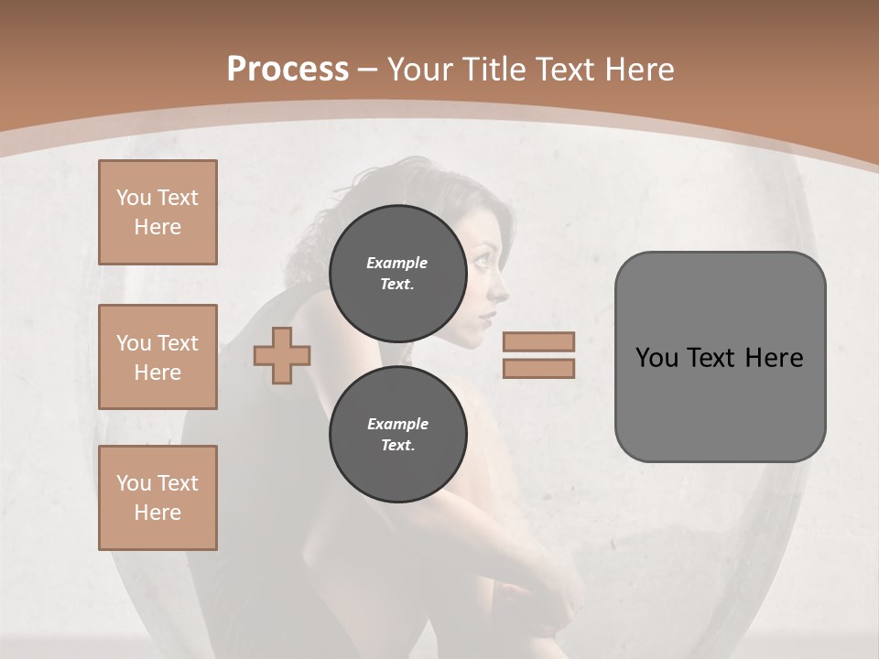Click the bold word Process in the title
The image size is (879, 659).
[x=288, y=70]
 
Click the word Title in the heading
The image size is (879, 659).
[x=495, y=70]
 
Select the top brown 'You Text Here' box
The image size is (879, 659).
[x=157, y=212]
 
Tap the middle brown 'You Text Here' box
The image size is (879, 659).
[x=157, y=357]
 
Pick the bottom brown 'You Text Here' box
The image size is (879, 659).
[x=157, y=498]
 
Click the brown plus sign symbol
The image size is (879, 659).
[x=282, y=355]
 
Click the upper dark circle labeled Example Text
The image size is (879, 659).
[x=397, y=273]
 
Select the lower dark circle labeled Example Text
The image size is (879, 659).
[x=397, y=434]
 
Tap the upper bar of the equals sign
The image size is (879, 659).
[x=538, y=341]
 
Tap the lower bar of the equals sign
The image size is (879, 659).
[x=538, y=369]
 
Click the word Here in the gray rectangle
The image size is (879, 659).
[x=775, y=358]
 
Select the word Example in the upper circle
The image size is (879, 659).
[x=396, y=263]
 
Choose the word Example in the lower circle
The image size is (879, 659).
[x=397, y=424]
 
